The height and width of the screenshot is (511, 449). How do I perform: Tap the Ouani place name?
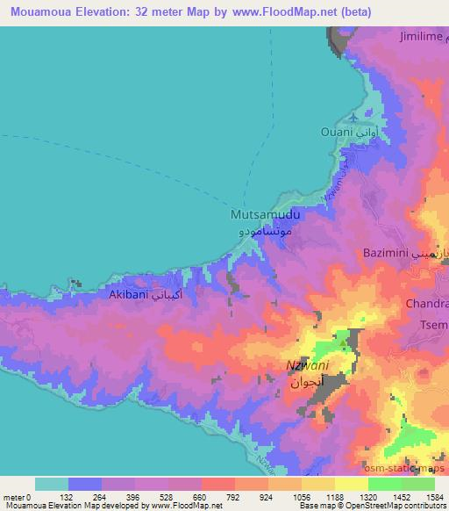click(360, 132)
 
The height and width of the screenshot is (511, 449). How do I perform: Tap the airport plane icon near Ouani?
click(353, 116)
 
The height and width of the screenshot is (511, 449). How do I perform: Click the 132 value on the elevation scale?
click(88, 496)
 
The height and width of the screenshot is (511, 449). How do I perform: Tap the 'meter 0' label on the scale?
click(18, 496)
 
